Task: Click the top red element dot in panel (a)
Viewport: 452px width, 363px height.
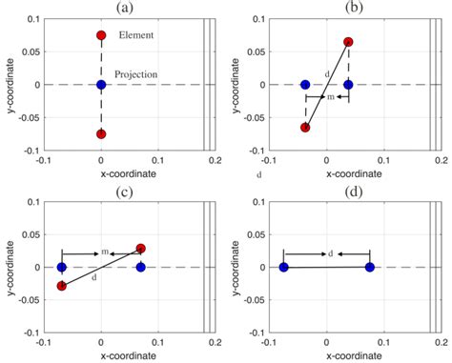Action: point(101,35)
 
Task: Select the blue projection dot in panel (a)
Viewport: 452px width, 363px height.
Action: point(101,85)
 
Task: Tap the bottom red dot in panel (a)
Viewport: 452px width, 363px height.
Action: point(101,134)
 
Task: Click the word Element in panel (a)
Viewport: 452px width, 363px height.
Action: point(136,35)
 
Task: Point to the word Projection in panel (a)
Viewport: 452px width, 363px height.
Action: point(136,74)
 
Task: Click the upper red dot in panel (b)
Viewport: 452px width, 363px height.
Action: point(348,42)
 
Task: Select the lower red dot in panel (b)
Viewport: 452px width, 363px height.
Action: point(305,128)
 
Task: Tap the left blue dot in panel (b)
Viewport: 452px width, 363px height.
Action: point(305,85)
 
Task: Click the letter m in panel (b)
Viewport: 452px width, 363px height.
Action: point(331,97)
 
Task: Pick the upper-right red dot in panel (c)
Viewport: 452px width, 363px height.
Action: point(141,249)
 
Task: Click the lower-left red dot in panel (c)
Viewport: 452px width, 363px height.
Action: point(62,286)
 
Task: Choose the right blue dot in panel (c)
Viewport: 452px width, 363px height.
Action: point(141,267)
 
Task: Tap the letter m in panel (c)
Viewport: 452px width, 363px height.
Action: point(105,252)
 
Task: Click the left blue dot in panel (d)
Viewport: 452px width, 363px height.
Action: point(284,267)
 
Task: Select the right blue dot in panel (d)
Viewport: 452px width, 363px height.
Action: point(370,267)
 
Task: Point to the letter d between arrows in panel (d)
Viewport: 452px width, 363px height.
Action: point(331,253)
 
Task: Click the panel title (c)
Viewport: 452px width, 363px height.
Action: point(125,192)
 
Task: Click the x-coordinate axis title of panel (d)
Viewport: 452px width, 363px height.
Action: point(354,355)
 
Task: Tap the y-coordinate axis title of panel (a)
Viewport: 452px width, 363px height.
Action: point(11,86)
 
